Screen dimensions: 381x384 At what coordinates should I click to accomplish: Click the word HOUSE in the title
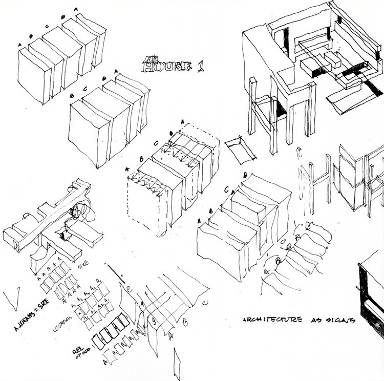(x=165, y=66)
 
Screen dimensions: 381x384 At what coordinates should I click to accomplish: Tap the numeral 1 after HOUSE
(x=199, y=66)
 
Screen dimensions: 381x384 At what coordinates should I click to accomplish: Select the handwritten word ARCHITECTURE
(x=269, y=321)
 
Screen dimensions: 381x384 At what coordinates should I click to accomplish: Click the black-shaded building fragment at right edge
(x=371, y=292)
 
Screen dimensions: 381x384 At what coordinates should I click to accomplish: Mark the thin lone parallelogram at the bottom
(x=177, y=364)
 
